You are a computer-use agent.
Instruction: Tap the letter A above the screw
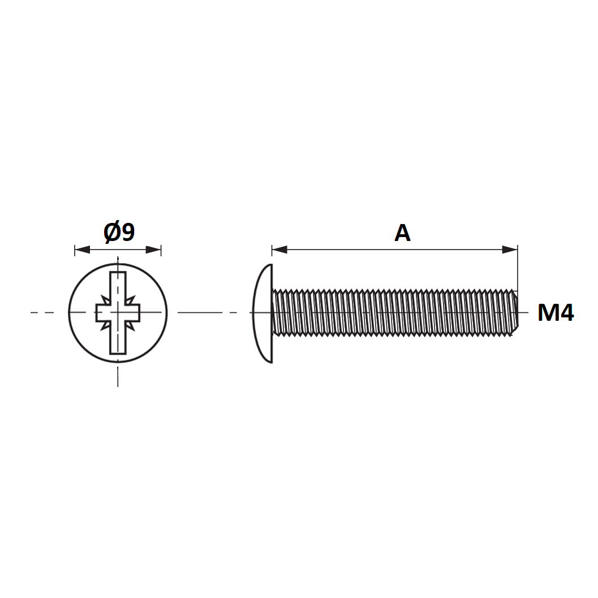tap(402, 233)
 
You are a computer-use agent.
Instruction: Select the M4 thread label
tap(556, 313)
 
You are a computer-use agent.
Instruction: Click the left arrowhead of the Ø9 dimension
tap(83, 250)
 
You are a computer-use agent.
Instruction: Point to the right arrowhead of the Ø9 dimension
tap(153, 250)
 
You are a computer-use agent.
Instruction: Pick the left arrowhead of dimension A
tap(279, 250)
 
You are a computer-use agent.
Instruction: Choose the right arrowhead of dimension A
tap(510, 250)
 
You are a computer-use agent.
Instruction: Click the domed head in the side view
tap(263, 313)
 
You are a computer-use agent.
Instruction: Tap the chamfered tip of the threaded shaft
tap(515, 313)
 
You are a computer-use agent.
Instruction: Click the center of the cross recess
tap(118, 313)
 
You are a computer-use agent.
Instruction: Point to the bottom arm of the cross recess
tap(118, 338)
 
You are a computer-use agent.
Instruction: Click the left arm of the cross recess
tap(103, 313)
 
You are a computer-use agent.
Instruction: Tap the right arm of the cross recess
tap(133, 313)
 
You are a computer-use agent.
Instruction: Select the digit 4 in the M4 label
tap(567, 313)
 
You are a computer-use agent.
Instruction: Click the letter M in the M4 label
tap(548, 313)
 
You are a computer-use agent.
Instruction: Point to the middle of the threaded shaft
tap(395, 313)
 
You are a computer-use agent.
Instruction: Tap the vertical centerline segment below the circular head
tap(118, 376)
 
